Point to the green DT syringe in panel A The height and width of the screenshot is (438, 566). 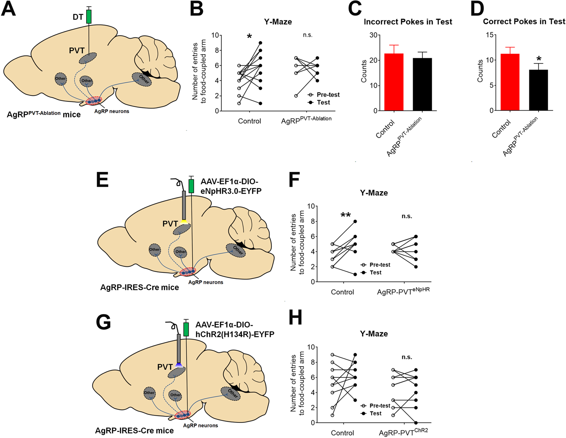(x=89, y=16)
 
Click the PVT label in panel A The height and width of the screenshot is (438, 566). (x=77, y=51)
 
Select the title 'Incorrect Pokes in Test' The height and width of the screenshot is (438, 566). (x=408, y=22)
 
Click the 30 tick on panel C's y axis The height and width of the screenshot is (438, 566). (x=374, y=35)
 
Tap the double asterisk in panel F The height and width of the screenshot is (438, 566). (x=345, y=215)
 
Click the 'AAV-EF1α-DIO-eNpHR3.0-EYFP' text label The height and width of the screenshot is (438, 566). (x=231, y=186)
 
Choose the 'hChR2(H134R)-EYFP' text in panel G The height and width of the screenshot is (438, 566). (x=235, y=334)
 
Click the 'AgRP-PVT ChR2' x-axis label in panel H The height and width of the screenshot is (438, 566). (x=403, y=432)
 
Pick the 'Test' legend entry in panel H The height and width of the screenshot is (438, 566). (x=375, y=413)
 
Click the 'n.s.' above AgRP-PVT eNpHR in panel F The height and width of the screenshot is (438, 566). (x=407, y=216)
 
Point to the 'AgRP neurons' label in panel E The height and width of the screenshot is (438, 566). (x=205, y=282)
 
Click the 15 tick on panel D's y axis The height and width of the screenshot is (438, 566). (x=490, y=35)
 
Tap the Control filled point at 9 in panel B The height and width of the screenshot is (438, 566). (x=260, y=43)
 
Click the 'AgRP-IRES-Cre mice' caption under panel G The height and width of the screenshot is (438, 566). (x=134, y=430)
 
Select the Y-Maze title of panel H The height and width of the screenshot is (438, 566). (x=374, y=334)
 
